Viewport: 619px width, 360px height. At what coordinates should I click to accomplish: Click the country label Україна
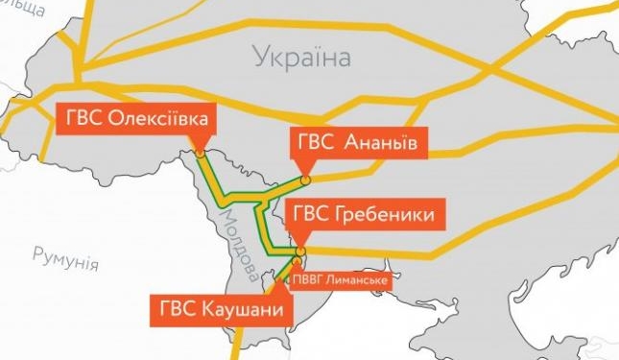coord(302,58)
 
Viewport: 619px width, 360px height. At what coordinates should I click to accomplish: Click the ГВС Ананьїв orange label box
coord(355,144)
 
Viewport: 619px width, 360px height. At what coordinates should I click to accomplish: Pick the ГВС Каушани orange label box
coord(220,310)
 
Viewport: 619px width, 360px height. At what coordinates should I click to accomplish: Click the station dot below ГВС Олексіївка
coord(199,151)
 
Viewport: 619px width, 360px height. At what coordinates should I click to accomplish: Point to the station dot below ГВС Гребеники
coord(299,251)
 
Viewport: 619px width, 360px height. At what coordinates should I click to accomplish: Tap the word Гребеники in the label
coord(387,213)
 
